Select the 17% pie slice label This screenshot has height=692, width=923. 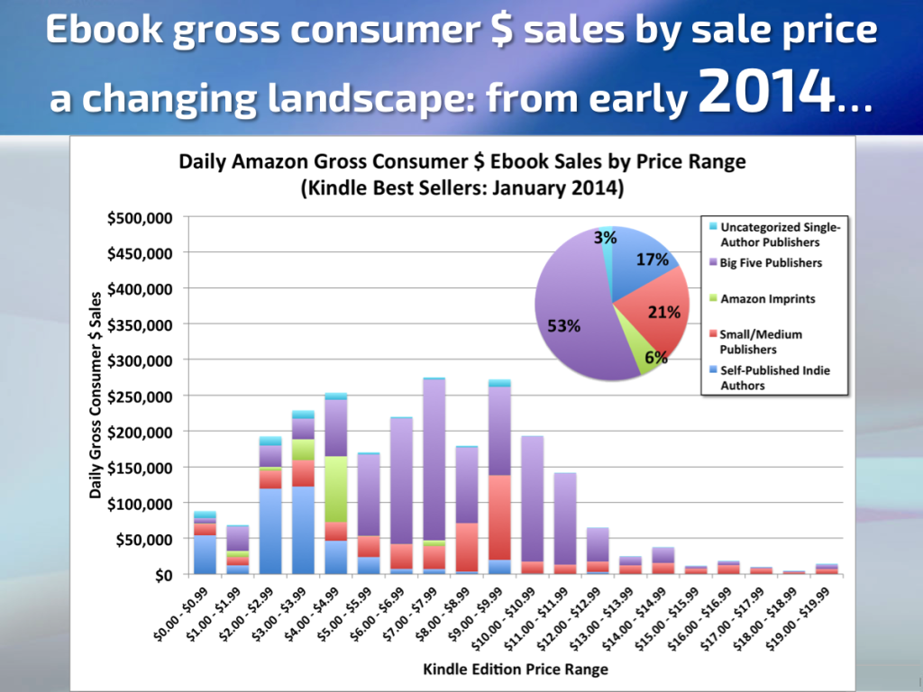click(653, 259)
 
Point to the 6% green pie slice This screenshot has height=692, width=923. click(656, 357)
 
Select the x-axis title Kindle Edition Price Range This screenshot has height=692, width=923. click(516, 669)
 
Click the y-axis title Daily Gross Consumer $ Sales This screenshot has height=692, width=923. click(95, 396)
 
